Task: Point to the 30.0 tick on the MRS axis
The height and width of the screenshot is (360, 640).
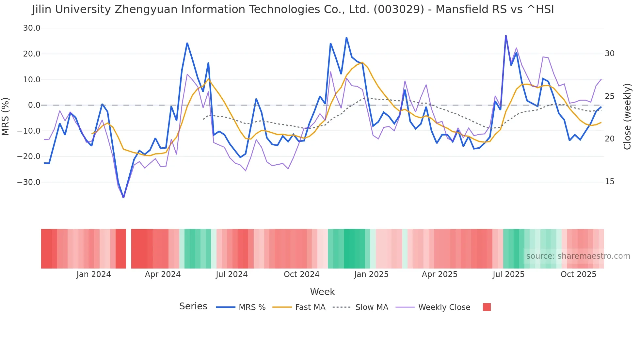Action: tap(32, 28)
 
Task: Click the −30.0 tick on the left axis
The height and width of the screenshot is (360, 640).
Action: tap(29, 182)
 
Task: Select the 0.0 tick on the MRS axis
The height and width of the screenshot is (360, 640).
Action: tap(34, 105)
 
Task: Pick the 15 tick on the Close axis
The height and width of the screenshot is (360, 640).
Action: tap(609, 182)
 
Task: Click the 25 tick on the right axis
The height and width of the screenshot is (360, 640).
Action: tap(609, 96)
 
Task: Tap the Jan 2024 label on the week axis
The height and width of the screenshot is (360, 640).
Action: tap(94, 274)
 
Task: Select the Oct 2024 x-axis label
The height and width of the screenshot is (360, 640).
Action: tap(301, 274)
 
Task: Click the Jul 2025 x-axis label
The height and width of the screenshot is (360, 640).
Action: tap(508, 274)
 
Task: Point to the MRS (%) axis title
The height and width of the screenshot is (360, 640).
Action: tap(6, 116)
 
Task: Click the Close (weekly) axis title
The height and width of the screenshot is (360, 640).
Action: tap(627, 117)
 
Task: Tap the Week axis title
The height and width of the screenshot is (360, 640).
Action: tap(322, 292)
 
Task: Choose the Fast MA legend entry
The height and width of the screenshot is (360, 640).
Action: tap(310, 307)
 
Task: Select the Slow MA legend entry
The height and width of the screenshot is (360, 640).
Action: tap(372, 307)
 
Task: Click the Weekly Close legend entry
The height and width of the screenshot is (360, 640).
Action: tap(444, 307)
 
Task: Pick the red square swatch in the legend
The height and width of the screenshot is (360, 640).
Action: tap(487, 307)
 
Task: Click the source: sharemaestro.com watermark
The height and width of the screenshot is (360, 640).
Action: tap(578, 256)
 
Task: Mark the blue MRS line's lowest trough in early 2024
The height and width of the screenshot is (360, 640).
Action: tap(123, 197)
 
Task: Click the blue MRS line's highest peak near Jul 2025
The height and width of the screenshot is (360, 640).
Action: tap(506, 36)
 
